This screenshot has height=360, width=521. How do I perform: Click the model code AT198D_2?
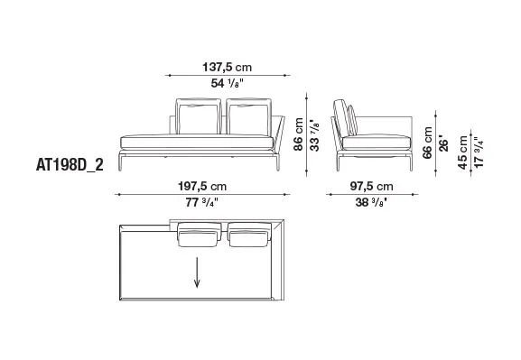pyautogui.click(x=70, y=165)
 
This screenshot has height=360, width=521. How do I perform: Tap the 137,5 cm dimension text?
pyautogui.click(x=228, y=68)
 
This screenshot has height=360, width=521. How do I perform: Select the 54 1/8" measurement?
pyautogui.click(x=228, y=83)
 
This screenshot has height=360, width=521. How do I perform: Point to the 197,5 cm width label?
pyautogui.click(x=202, y=186)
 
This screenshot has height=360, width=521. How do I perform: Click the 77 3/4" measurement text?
pyautogui.click(x=202, y=202)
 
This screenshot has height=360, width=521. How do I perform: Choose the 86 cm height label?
pyautogui.click(x=298, y=134)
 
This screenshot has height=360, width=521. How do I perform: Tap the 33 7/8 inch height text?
pyautogui.click(x=314, y=135)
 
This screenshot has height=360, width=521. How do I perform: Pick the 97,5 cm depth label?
pyautogui.click(x=371, y=186)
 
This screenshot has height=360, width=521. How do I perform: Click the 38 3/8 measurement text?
pyautogui.click(x=371, y=202)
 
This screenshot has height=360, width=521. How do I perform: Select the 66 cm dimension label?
pyautogui.click(x=428, y=143)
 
